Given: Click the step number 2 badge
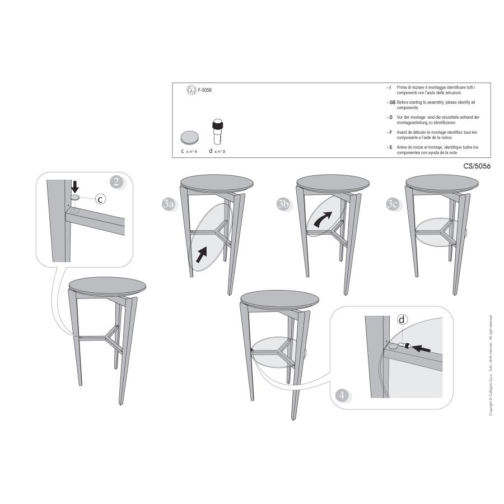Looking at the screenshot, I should [116, 181].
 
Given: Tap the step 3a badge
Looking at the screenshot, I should [168, 204].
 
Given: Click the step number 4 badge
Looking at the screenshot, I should [343, 395].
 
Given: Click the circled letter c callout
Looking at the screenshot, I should [99, 199].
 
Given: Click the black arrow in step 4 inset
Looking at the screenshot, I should [423, 348].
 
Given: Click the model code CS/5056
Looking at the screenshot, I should [477, 166].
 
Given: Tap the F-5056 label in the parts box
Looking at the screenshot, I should [204, 90].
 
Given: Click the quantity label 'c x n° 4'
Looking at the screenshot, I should [189, 151].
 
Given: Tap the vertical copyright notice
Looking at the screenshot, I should [491, 365].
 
